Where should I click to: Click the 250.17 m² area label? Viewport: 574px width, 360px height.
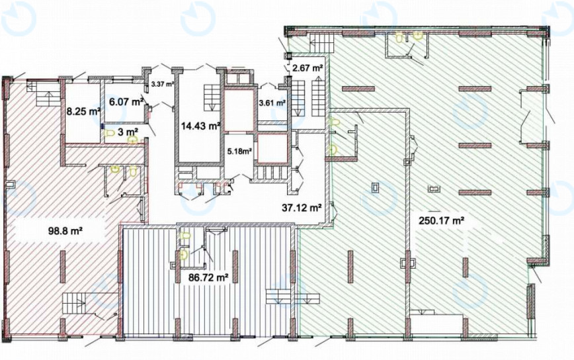coord(442,221)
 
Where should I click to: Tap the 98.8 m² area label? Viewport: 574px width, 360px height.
coord(65,231)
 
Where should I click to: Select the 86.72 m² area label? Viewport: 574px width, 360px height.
coord(208,277)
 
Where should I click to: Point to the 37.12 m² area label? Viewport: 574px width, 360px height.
coord(302,208)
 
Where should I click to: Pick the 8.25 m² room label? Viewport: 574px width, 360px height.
coord(83,111)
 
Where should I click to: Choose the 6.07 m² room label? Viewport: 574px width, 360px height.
coord(126,101)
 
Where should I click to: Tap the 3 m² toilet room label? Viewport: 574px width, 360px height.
coord(128,131)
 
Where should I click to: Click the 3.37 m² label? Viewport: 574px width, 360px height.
coord(162,84)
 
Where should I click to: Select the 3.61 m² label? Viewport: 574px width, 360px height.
coord(272,103)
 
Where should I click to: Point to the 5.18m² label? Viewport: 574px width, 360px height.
coord(239,151)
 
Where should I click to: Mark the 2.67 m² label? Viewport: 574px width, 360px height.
coord(308,67)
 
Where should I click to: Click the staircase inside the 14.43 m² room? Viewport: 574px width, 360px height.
coord(212,97)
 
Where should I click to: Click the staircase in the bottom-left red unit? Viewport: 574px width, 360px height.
coord(74,303)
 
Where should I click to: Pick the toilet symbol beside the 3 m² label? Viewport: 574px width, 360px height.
coord(108,133)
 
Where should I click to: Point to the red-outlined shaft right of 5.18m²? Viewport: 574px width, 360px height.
coord(272,148)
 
